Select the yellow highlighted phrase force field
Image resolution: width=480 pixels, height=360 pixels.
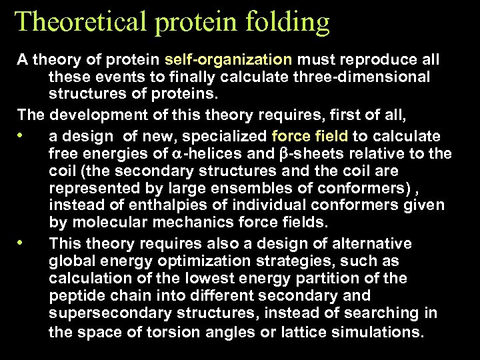click(310, 136)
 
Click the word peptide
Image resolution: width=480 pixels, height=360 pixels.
click(75, 296)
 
